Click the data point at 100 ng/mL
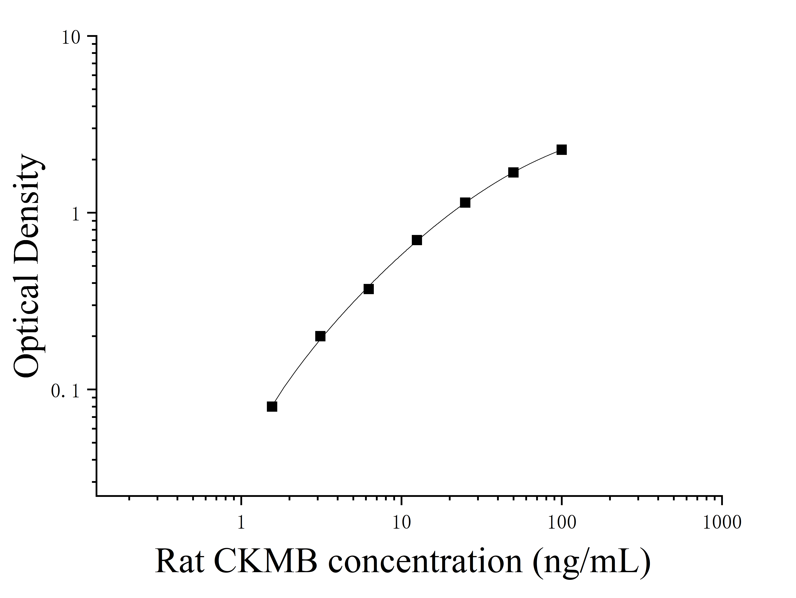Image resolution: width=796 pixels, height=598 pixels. pos(561,150)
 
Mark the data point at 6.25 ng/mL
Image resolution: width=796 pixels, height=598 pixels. pos(369,289)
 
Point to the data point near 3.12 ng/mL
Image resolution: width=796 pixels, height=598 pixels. pos(320,336)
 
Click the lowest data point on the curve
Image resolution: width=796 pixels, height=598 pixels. pos(272,406)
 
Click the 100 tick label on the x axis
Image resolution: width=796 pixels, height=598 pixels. pos(561,523)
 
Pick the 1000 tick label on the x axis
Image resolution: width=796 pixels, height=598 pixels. pos(722,523)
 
